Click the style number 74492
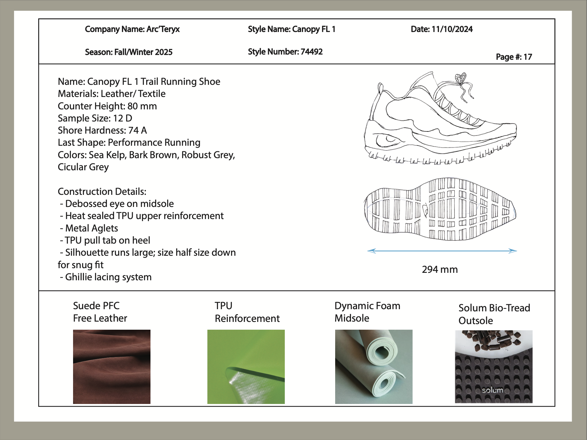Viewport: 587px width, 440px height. click(312, 52)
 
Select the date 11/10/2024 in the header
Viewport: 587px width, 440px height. click(452, 29)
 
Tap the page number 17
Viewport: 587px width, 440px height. click(528, 57)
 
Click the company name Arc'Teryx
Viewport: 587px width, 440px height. click(163, 29)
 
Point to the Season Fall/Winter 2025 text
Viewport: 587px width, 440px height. click(129, 52)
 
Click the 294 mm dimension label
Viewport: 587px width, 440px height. click(440, 269)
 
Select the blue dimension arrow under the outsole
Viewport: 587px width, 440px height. click(442, 251)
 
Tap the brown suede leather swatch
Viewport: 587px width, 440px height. click(112, 367)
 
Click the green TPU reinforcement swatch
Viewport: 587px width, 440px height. click(246, 367)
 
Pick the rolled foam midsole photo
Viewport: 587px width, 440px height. click(374, 367)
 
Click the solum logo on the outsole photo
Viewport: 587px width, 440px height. click(492, 390)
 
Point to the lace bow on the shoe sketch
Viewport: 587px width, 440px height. click(461, 79)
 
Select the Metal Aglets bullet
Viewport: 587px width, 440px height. click(89, 228)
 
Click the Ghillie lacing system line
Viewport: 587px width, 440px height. click(106, 277)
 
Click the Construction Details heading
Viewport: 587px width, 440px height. click(102, 191)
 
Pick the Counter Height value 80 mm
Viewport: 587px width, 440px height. click(142, 106)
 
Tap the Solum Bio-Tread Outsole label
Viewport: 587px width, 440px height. click(494, 314)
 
